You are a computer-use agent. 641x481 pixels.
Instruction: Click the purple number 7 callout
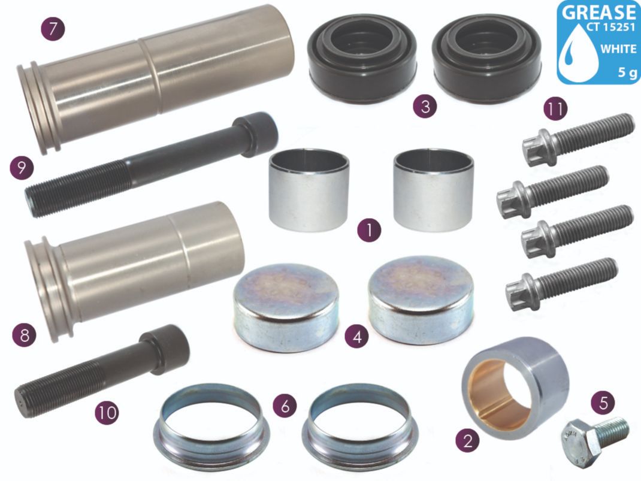point(52,29)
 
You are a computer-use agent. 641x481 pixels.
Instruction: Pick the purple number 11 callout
point(555,108)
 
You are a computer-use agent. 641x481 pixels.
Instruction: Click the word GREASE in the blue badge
point(599,12)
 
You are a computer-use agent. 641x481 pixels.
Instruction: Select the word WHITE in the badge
point(618,49)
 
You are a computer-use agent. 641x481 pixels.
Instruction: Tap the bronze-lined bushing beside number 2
point(515,388)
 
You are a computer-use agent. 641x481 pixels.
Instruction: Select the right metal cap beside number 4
point(422,300)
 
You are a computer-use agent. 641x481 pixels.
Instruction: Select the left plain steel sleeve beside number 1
point(309,190)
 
